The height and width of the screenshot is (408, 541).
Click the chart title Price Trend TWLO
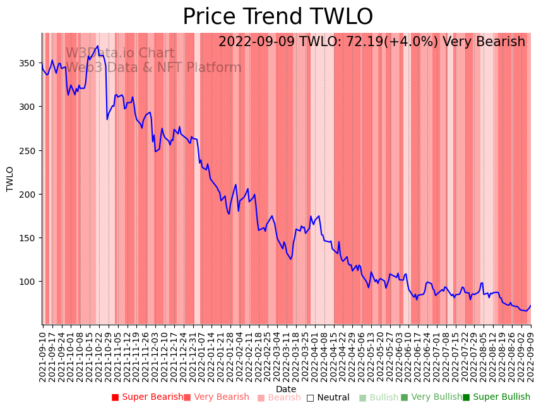pos(278,17)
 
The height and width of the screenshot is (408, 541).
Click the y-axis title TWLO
pos(10,179)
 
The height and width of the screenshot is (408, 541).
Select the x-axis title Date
pos(285,389)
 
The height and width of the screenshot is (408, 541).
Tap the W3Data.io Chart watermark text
pos(120,54)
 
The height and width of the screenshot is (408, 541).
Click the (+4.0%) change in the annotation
pos(417,42)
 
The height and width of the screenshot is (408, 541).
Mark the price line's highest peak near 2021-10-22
pos(97,46)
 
